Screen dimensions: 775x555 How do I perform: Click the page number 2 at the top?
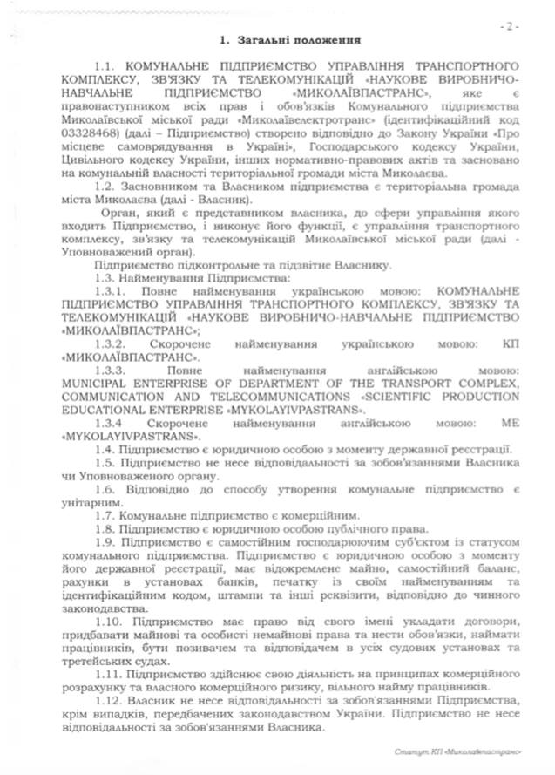[x=509, y=25]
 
